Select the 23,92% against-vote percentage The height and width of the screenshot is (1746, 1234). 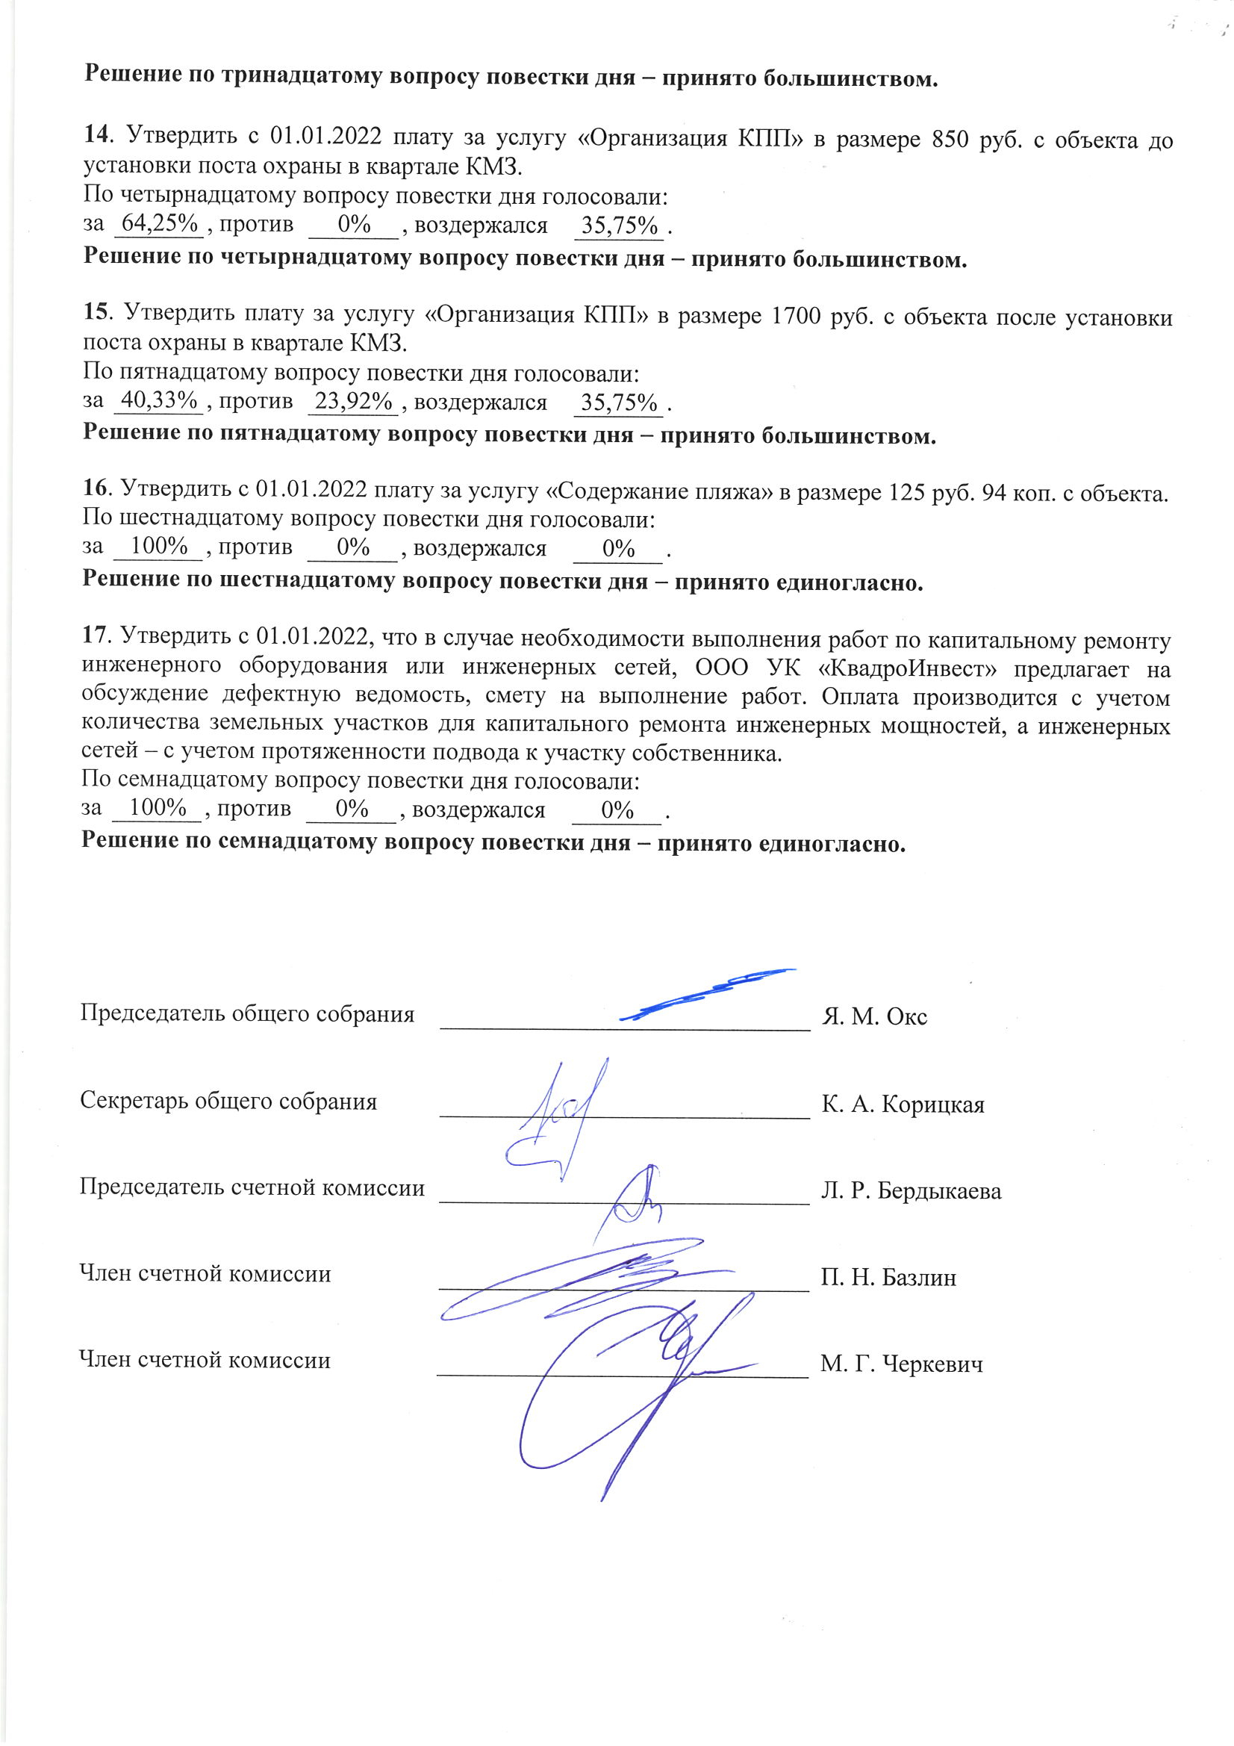[354, 400]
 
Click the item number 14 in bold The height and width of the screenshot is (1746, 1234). [97, 135]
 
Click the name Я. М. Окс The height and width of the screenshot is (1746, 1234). [874, 1016]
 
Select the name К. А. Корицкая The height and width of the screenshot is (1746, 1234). [903, 1105]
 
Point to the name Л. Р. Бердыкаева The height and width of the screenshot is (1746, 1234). [911, 1191]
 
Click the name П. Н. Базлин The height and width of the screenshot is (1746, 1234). [888, 1278]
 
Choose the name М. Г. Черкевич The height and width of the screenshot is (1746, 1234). [901, 1364]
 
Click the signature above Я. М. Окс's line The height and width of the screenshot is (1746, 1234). [707, 992]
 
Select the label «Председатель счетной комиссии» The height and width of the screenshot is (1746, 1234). [252, 1188]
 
